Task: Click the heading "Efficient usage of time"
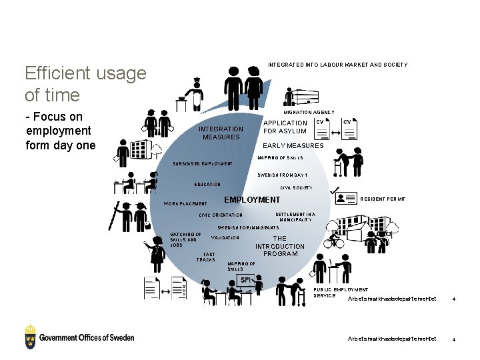click(85, 84)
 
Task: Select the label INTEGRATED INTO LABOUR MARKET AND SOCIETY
click(337, 65)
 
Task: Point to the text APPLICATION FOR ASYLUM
click(285, 127)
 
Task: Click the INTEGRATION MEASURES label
click(221, 133)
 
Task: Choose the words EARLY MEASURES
click(293, 145)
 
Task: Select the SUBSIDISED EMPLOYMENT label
click(203, 163)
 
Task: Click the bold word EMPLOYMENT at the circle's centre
click(252, 199)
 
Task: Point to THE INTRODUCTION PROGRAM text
click(280, 246)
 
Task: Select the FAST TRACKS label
click(206, 257)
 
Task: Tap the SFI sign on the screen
click(246, 280)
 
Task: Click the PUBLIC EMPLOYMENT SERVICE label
click(340, 292)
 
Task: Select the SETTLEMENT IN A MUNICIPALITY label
click(295, 217)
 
